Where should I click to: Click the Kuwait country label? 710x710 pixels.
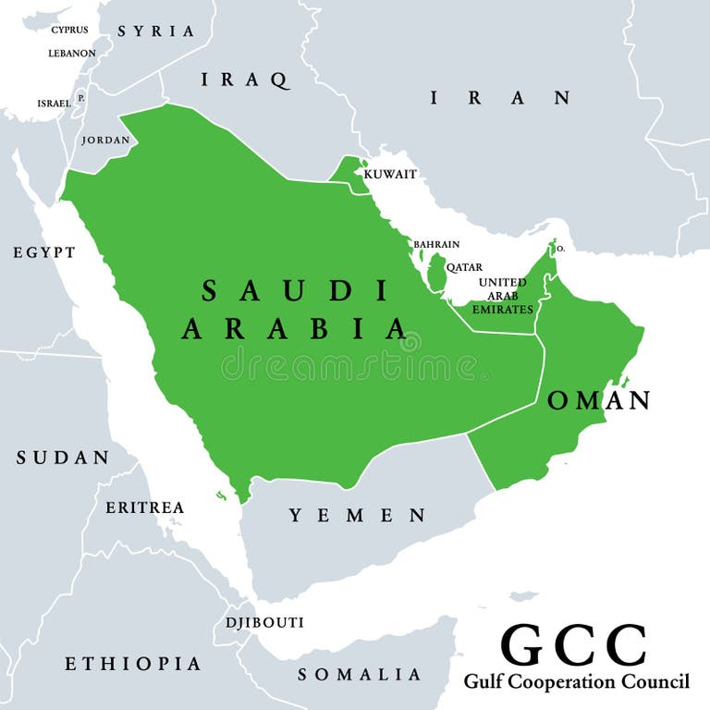pyautogui.click(x=390, y=174)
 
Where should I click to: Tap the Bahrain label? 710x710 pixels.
pyautogui.click(x=436, y=244)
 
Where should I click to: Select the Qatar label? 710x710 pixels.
pyautogui.click(x=464, y=267)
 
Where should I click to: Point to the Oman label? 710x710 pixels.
pyautogui.click(x=599, y=400)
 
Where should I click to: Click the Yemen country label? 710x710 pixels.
pyautogui.click(x=357, y=516)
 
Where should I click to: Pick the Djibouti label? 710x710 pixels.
pyautogui.click(x=264, y=622)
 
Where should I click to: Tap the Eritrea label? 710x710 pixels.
pyautogui.click(x=144, y=508)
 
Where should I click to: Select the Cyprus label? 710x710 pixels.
pyautogui.click(x=70, y=30)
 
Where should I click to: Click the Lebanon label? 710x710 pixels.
pyautogui.click(x=72, y=53)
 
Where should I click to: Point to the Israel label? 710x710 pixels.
pyautogui.click(x=54, y=104)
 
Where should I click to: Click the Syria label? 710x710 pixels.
pyautogui.click(x=155, y=31)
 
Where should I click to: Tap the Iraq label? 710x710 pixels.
pyautogui.click(x=245, y=80)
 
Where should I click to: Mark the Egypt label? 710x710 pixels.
pyautogui.click(x=44, y=251)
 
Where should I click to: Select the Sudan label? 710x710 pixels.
pyautogui.click(x=63, y=458)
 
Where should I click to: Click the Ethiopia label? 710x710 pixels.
pyautogui.click(x=132, y=664)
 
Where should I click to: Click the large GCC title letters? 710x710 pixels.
pyautogui.click(x=573, y=645)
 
